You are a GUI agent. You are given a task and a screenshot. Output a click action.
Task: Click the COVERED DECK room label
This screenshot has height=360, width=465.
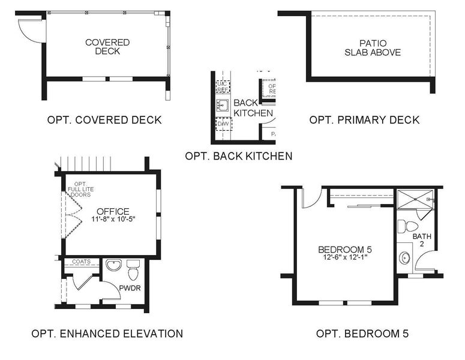107,47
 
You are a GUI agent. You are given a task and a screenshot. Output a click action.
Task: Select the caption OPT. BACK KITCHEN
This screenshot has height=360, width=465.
239,156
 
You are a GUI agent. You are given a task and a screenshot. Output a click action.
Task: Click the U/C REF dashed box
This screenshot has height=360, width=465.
223,86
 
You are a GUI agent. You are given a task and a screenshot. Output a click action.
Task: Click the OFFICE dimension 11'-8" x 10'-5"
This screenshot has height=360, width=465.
113,220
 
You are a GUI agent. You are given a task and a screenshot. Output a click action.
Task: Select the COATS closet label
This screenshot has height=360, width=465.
81,262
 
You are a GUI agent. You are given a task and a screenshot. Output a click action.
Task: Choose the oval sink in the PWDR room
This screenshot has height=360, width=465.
113,265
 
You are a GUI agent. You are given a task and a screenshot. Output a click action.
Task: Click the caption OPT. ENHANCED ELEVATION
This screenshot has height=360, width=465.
107,334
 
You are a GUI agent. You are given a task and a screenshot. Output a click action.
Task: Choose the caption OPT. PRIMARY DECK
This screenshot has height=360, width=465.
364,120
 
